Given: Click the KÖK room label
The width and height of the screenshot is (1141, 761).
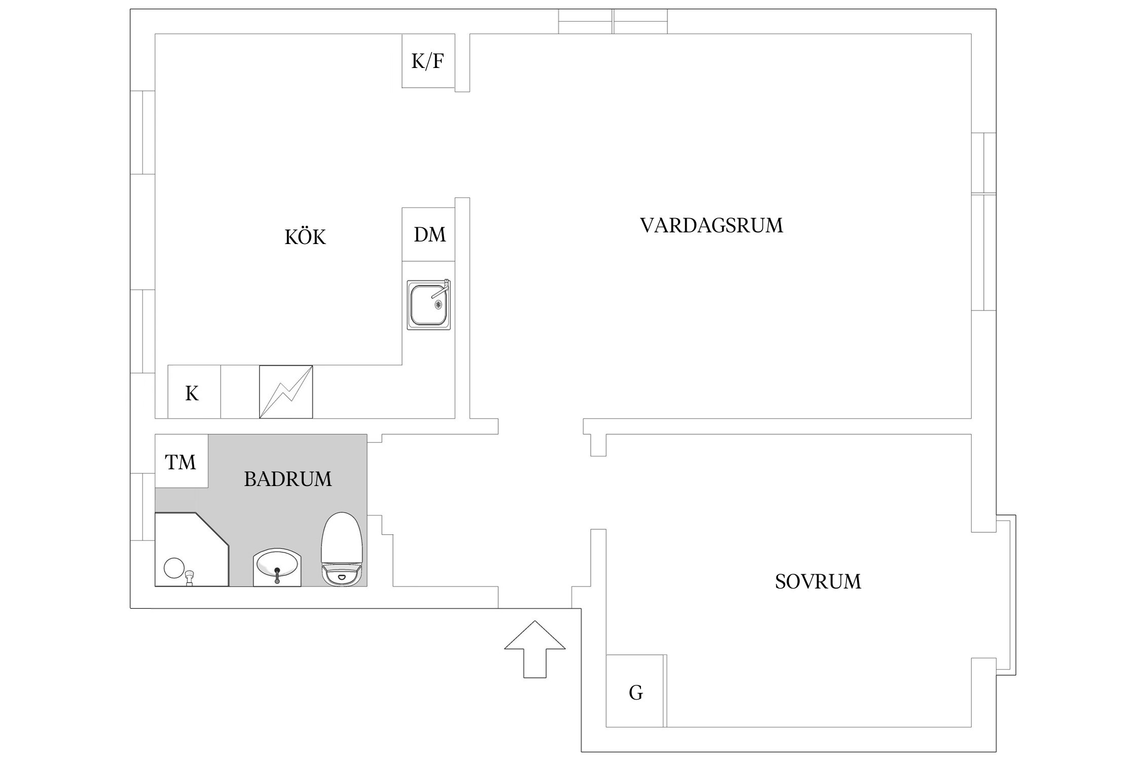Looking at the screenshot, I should pos(305,237).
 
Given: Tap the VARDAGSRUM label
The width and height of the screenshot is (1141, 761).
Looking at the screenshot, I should pos(711,225).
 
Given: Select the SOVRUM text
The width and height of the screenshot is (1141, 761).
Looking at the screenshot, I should pos(817,581).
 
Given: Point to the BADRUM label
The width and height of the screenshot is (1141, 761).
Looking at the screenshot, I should pos(288,479).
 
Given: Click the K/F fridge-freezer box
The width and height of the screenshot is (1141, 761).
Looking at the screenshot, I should pos(428,61).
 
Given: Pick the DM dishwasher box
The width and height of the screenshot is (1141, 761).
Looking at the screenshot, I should pos(429,234).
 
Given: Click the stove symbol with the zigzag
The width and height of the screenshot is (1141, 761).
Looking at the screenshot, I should pos(286,392).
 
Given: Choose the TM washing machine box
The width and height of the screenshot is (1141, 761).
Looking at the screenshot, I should pos(181,461).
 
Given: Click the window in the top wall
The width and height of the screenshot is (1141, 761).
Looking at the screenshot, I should pos(613,21).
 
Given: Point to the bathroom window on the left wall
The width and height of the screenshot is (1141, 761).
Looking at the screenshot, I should pos(142,506).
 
